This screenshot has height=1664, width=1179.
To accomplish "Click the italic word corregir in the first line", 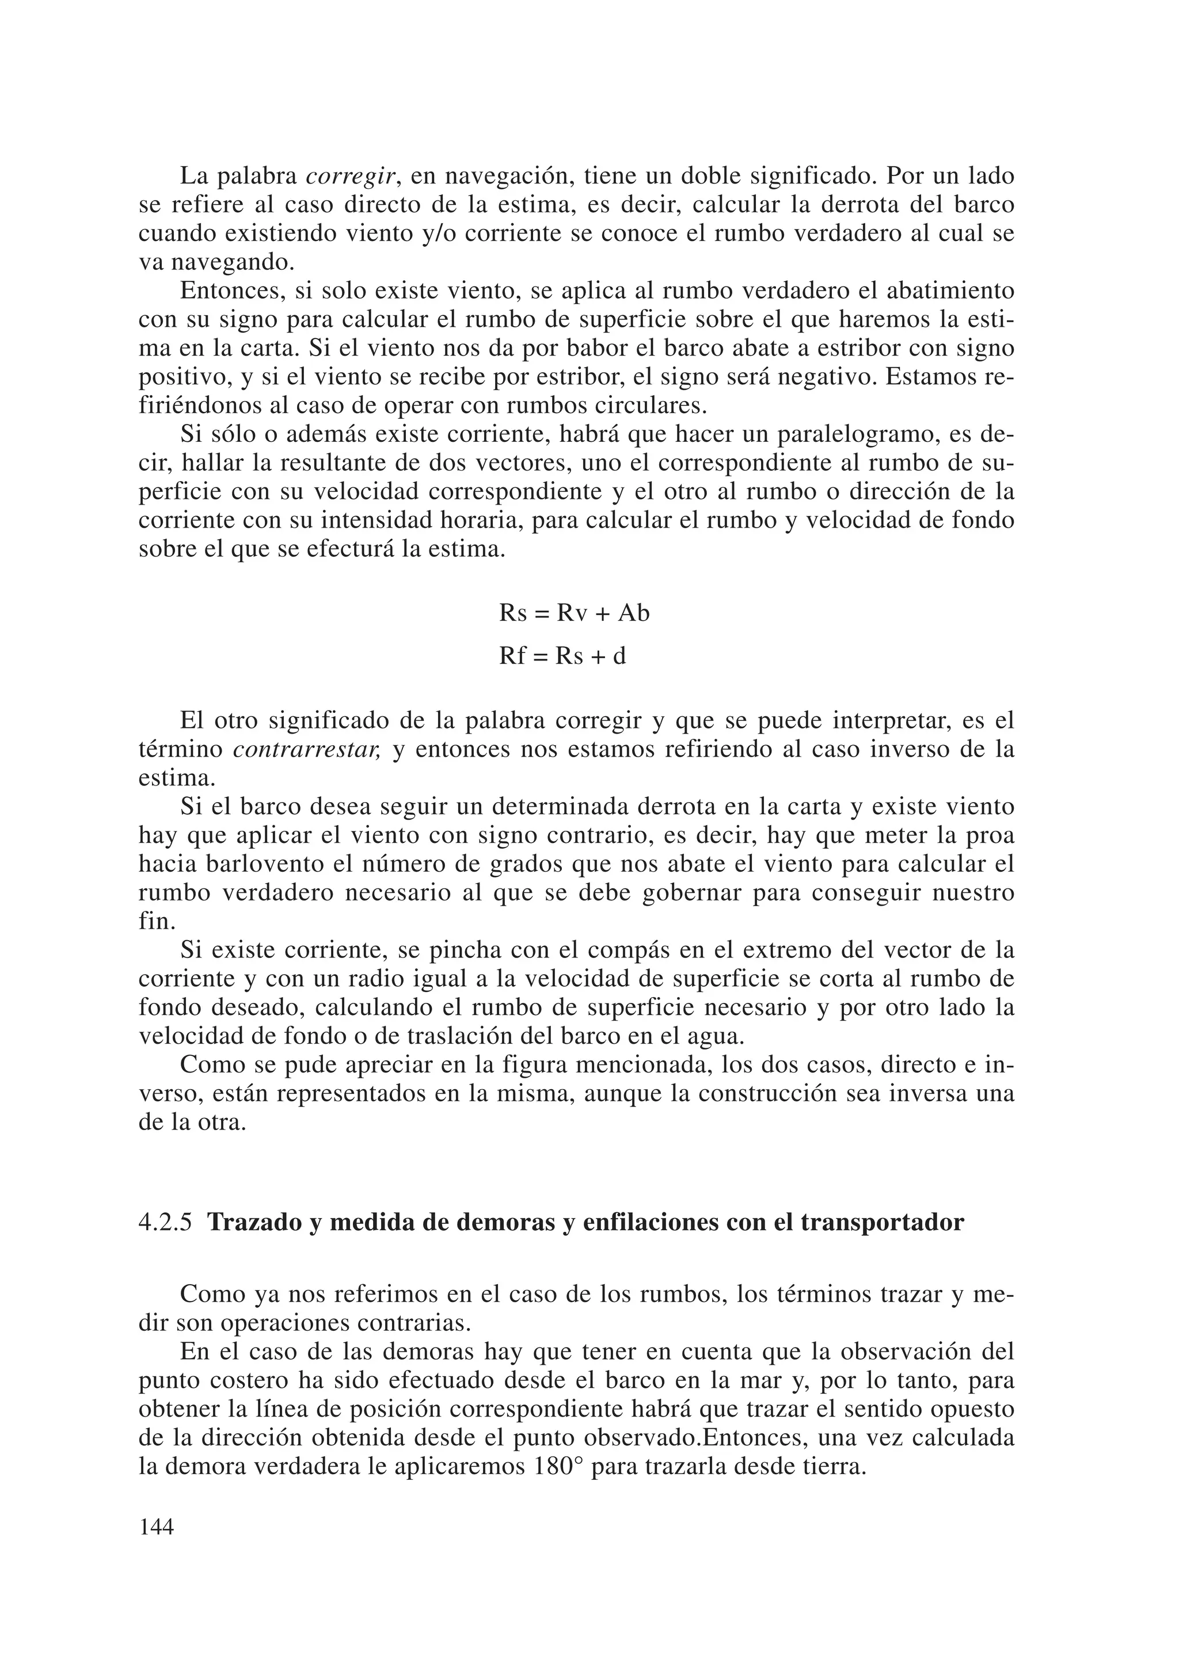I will click(351, 176).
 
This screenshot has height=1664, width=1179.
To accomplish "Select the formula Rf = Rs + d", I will click(562, 656).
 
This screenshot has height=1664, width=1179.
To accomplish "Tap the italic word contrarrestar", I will click(306, 750).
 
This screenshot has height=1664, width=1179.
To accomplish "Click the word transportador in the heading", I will click(882, 1223).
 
